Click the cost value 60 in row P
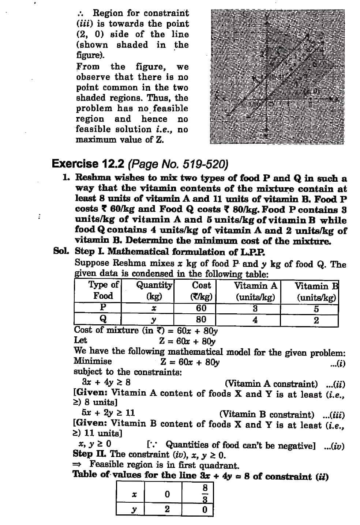(201, 308)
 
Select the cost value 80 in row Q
(201, 319)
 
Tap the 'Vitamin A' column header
(255, 286)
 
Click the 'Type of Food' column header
(103, 290)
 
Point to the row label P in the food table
(103, 307)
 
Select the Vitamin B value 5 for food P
(316, 309)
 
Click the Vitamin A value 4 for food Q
(255, 320)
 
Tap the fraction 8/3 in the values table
(205, 494)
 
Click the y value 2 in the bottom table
(167, 509)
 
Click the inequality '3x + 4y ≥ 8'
(106, 382)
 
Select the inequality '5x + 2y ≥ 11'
(108, 413)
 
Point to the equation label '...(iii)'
(334, 415)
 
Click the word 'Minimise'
(93, 361)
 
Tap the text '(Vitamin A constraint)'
(271, 384)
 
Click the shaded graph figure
(277, 77)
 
